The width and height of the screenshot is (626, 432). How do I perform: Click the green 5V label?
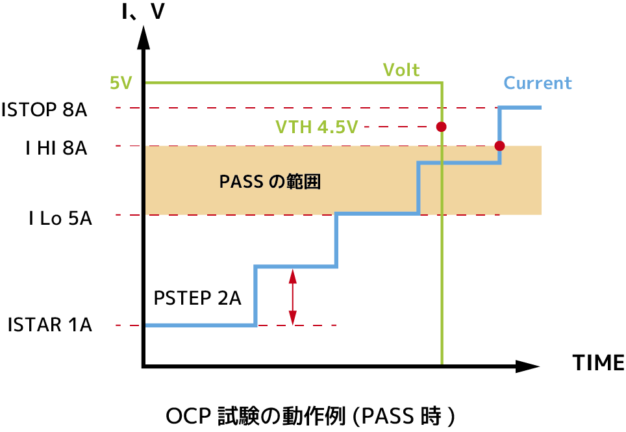coord(121,83)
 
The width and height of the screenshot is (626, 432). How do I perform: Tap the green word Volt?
coord(401,70)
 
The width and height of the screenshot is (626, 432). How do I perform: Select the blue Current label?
coord(538,83)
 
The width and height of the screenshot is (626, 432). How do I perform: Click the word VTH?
coord(294,127)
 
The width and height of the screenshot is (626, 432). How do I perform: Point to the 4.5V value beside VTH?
coord(338,127)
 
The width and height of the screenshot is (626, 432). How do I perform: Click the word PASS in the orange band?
coord(241,182)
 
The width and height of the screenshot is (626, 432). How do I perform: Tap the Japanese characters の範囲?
coord(295,182)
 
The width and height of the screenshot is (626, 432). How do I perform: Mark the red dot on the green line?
coord(442,127)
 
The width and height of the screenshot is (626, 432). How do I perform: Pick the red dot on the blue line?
coord(499,146)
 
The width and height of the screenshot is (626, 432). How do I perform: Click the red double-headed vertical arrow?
coord(293,296)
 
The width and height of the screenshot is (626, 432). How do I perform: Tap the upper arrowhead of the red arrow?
coord(293,277)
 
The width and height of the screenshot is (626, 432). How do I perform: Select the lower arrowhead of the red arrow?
coord(293,317)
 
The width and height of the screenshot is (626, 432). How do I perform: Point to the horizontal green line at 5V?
coord(292,83)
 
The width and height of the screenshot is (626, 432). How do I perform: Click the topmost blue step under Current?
coord(520,108)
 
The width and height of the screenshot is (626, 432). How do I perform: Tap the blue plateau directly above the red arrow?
coord(295,266)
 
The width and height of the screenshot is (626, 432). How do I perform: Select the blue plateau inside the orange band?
coord(458,162)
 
